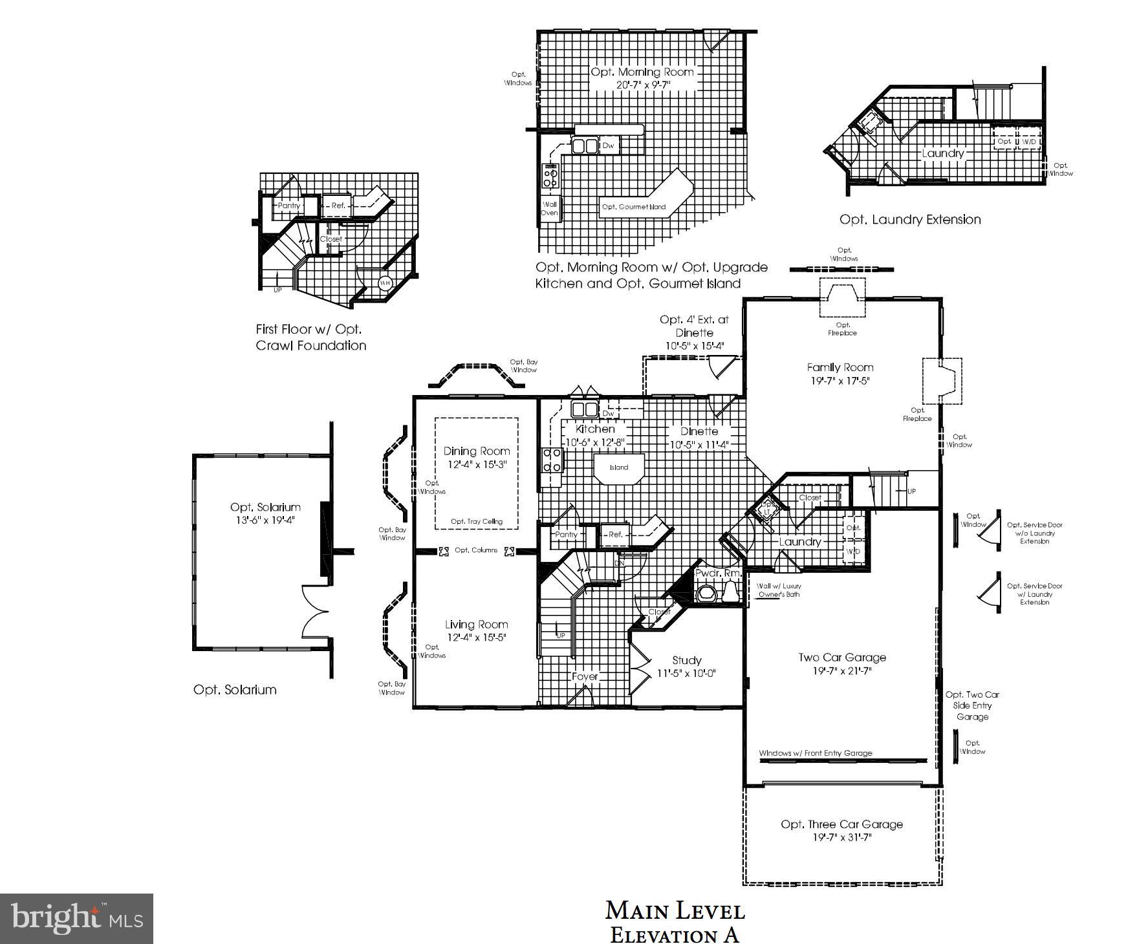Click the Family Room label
(x=840, y=367)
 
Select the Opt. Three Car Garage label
(x=841, y=824)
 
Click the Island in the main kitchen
(x=619, y=467)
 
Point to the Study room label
(x=686, y=660)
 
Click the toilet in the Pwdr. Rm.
(x=730, y=591)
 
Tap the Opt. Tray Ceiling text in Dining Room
(x=476, y=521)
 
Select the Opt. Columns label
(x=476, y=550)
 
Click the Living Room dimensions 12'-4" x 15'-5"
(x=476, y=638)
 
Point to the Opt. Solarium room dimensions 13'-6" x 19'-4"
(x=265, y=519)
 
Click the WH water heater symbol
(x=385, y=283)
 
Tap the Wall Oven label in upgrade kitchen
(x=549, y=209)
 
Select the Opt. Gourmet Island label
(x=633, y=207)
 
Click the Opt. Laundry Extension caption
(x=909, y=220)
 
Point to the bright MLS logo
(x=76, y=919)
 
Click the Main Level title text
(x=675, y=911)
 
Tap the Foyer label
(x=585, y=676)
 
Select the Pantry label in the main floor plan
(x=566, y=535)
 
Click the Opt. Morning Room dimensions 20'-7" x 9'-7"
(x=642, y=85)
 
